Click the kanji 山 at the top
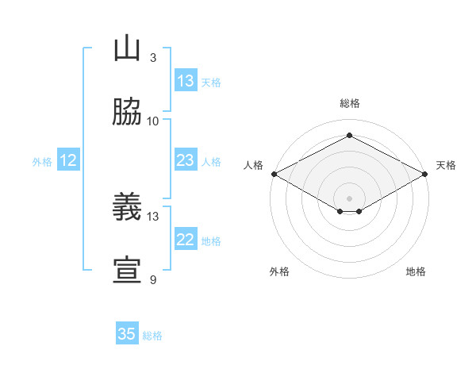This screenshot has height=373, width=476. click(x=128, y=48)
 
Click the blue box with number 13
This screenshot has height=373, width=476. click(x=186, y=81)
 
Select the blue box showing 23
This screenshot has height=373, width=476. click(x=186, y=160)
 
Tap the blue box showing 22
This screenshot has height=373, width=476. click(x=186, y=240)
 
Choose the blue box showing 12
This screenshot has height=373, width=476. click(x=68, y=160)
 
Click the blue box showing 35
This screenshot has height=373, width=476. click(x=127, y=334)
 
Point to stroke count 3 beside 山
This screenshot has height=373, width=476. click(x=152, y=57)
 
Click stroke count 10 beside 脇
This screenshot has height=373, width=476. click(x=153, y=121)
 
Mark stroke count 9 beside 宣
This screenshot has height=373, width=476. click(x=152, y=279)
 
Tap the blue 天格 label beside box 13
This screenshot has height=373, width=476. click(x=211, y=83)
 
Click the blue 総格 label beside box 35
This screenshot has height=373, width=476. click(x=152, y=336)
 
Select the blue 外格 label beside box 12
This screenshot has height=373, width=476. click(x=42, y=162)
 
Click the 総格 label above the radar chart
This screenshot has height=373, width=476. click(x=349, y=103)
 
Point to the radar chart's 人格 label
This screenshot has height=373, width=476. click(x=253, y=165)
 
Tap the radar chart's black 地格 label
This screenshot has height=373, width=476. click(x=416, y=271)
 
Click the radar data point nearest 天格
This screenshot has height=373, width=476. click(x=426, y=174)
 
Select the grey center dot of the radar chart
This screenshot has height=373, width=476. click(x=349, y=198)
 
